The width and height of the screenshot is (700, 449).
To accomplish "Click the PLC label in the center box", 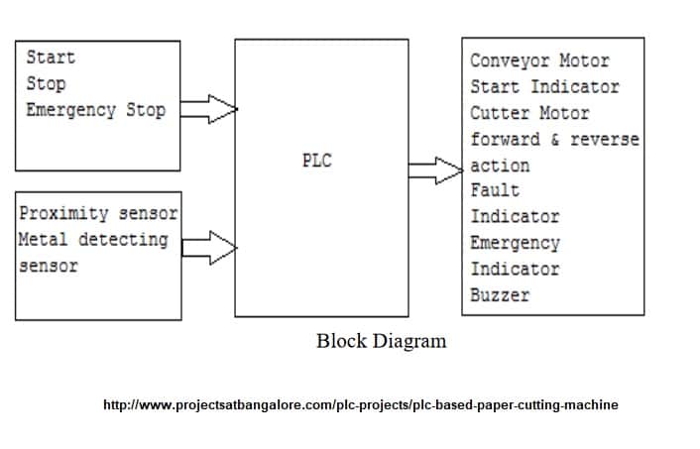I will click(316, 162).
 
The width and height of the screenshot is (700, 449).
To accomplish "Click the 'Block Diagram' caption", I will click(381, 341).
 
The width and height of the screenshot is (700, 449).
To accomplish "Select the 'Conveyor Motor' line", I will click(539, 60).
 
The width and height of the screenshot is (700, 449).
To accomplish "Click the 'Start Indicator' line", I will click(544, 87).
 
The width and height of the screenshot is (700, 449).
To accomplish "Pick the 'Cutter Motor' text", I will click(529, 113).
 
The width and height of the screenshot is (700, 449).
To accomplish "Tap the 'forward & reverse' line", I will click(554, 139).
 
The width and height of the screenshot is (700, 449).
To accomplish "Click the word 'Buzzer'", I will click(500, 294).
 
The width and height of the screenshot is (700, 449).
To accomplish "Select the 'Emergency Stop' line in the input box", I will click(95, 109).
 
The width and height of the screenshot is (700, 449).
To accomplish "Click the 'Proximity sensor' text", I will click(98, 213).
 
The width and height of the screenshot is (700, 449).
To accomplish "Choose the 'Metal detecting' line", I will click(93, 239).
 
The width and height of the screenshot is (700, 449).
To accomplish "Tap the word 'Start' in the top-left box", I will click(51, 57).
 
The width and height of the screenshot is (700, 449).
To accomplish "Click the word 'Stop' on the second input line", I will click(46, 83).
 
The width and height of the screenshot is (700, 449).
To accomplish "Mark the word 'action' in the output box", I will click(500, 166).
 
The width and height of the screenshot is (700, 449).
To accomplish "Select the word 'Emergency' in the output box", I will click(515, 243).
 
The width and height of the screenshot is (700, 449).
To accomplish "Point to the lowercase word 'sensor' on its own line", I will click(49, 266).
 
